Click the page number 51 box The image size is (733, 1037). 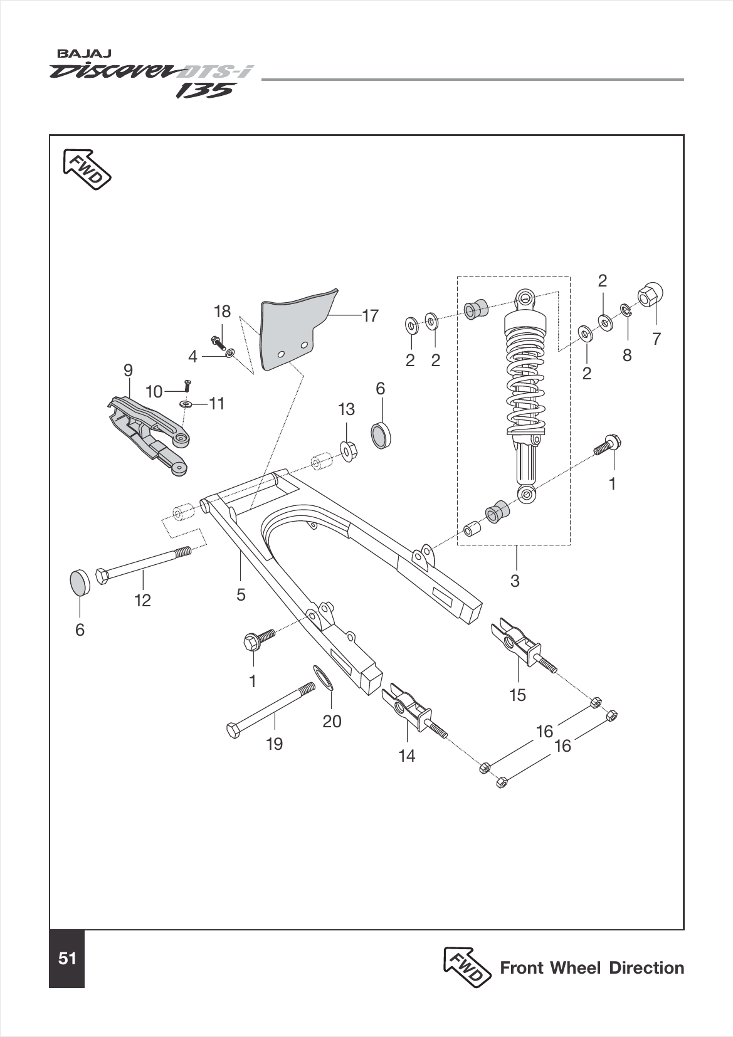[66, 959]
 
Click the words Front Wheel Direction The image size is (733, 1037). [591, 968]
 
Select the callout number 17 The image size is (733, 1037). [371, 315]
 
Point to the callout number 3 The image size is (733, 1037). [515, 581]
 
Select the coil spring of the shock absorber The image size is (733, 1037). [525, 376]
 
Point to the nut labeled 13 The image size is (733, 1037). [348, 450]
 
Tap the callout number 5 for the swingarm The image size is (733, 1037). [241, 594]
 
